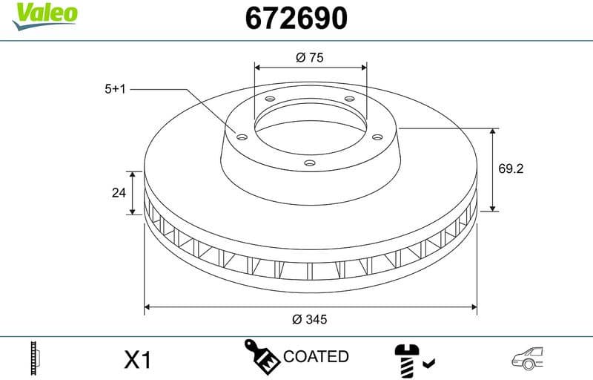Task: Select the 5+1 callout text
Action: pyautogui.click(x=116, y=89)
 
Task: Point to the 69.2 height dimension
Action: pyautogui.click(x=511, y=169)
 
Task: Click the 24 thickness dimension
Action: pyautogui.click(x=118, y=193)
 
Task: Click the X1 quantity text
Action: pyautogui.click(x=137, y=361)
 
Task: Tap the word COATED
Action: pyautogui.click(x=316, y=357)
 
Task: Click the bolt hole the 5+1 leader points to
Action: pyautogui.click(x=242, y=136)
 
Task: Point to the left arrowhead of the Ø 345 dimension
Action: pyautogui.click(x=148, y=305)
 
